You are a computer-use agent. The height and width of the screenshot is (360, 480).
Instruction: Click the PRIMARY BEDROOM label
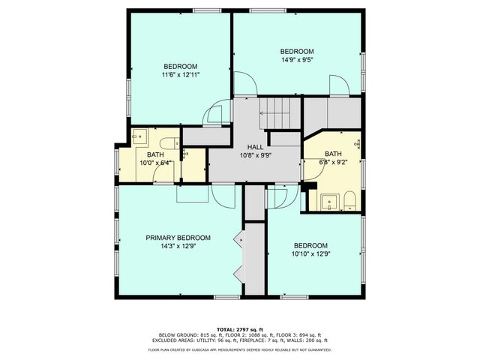pyautogui.click(x=178, y=237)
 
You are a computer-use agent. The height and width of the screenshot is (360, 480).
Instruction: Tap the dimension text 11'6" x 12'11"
pyautogui.click(x=180, y=74)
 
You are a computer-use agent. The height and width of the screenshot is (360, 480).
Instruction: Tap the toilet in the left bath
pyautogui.click(x=166, y=142)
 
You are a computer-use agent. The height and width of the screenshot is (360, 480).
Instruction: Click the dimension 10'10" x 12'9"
pyautogui.click(x=310, y=254)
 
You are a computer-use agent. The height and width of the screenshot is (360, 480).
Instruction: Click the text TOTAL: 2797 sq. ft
pyautogui.click(x=239, y=329)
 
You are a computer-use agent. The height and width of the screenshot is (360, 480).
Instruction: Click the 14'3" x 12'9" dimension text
pyautogui.click(x=178, y=245)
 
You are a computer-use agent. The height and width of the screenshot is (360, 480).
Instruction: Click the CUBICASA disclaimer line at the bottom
pyautogui.click(x=239, y=349)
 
